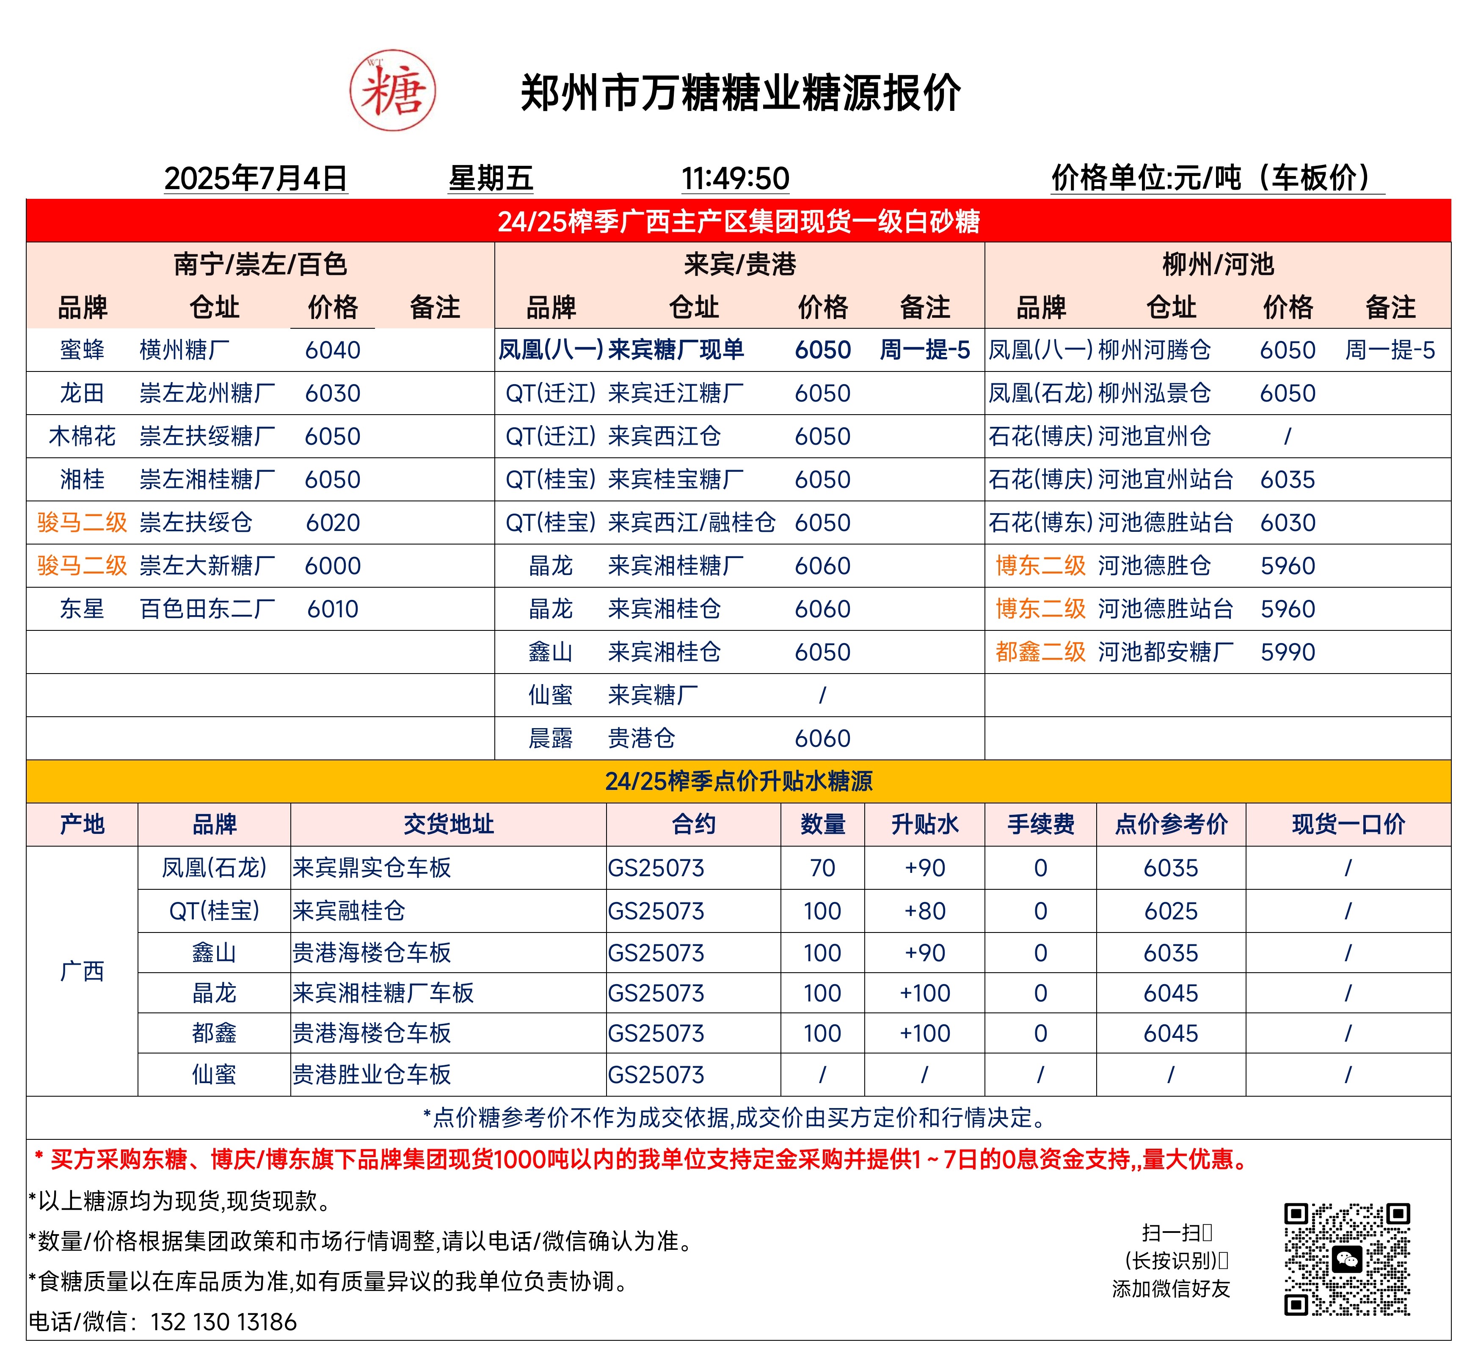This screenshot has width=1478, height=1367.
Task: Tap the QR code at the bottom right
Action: tap(1346, 1259)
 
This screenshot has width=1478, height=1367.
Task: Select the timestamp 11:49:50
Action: tap(735, 178)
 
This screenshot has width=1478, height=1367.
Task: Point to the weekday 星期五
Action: tap(491, 178)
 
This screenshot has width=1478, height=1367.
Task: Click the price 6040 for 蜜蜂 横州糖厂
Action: tap(332, 350)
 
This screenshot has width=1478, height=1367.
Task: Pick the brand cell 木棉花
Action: tap(82, 437)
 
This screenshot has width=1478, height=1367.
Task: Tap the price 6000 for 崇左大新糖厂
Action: tap(332, 566)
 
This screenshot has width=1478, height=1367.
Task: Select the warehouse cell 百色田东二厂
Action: tap(207, 609)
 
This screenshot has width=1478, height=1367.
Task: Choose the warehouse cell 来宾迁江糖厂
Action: tap(676, 393)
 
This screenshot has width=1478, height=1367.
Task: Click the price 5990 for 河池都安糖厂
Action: tap(1288, 652)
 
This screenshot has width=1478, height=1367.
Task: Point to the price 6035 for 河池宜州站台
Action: tap(1288, 479)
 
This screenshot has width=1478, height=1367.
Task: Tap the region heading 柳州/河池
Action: tap(1217, 264)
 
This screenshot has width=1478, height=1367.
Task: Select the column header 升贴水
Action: tap(924, 824)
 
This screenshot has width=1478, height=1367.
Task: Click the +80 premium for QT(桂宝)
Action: tap(924, 910)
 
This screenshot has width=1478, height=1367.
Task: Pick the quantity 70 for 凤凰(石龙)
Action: tap(822, 868)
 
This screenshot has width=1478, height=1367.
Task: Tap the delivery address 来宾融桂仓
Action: tap(349, 910)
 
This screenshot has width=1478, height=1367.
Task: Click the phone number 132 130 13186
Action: tap(223, 1322)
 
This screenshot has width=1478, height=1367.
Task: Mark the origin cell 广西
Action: tap(82, 971)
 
